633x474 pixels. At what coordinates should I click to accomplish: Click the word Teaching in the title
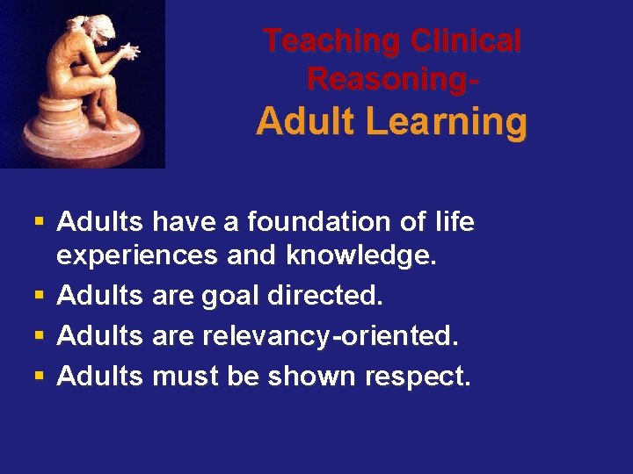click(x=332, y=40)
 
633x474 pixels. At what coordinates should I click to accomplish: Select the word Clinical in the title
click(x=466, y=40)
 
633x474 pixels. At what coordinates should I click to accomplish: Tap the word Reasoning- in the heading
click(x=392, y=79)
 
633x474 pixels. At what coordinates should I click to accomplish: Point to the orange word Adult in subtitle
click(x=304, y=122)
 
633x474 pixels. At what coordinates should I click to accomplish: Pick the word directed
click(x=327, y=296)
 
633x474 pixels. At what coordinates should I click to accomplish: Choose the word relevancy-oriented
click(x=331, y=336)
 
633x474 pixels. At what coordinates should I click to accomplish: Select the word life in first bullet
click(x=455, y=222)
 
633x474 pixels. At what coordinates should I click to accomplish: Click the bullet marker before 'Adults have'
click(x=40, y=223)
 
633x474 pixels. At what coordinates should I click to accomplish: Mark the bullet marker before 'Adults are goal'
click(x=40, y=297)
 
